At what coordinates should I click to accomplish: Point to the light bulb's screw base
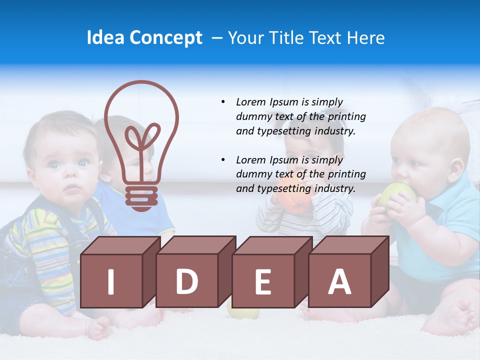(x=141, y=197)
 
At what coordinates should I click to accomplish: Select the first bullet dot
(x=223, y=102)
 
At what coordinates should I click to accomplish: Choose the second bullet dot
(x=223, y=160)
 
